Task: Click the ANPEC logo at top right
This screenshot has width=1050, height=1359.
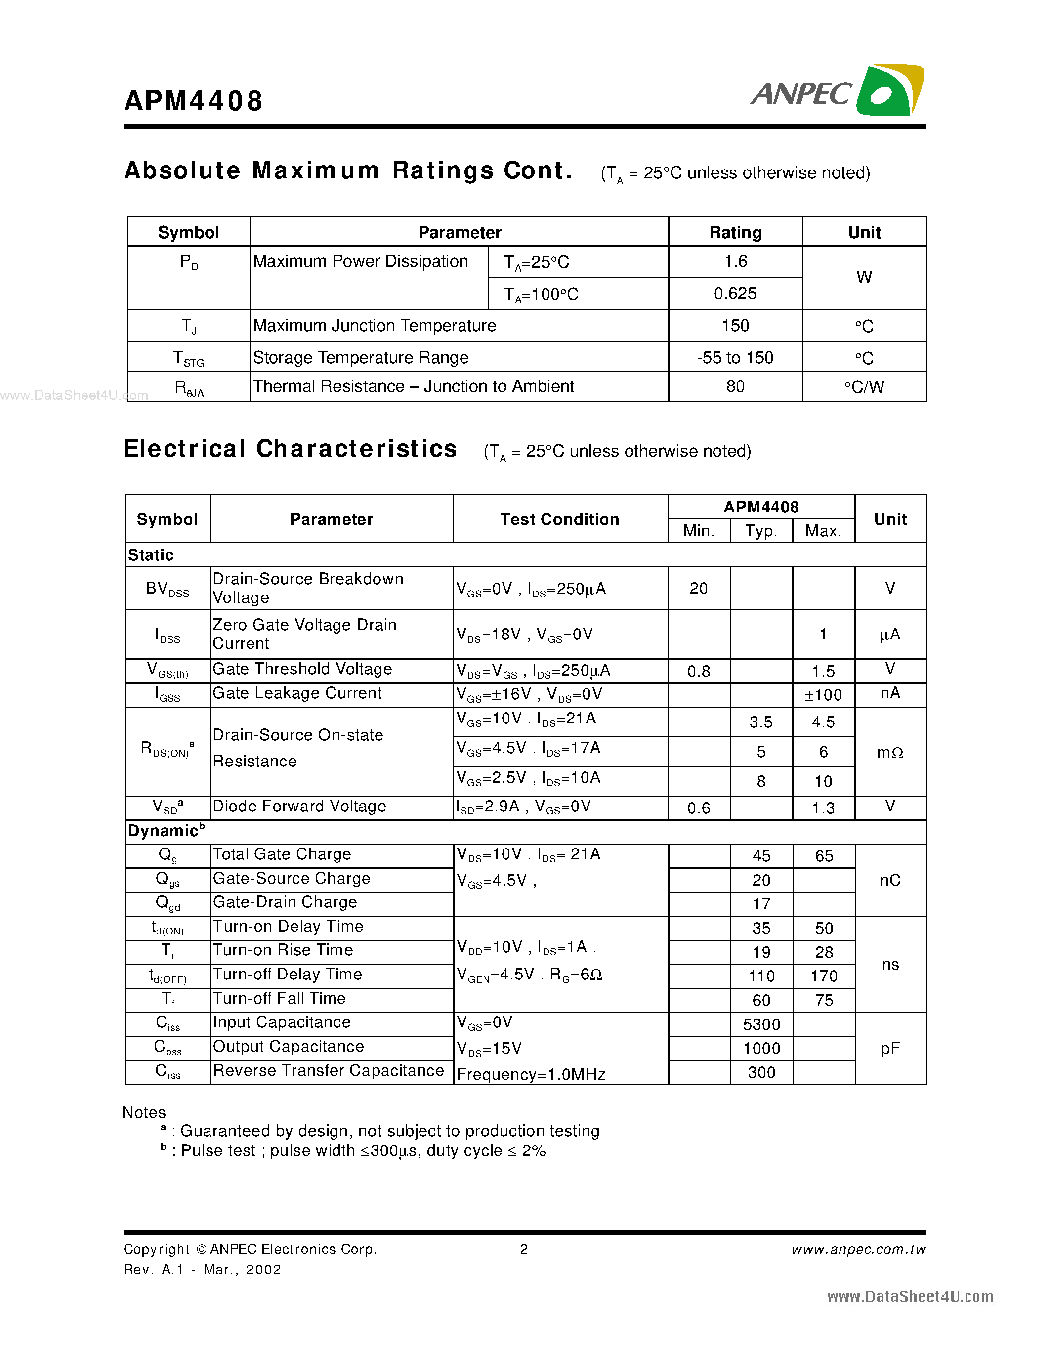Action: click(837, 91)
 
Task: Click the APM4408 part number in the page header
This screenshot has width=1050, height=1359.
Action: click(194, 101)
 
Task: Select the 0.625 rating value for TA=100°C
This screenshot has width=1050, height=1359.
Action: click(735, 294)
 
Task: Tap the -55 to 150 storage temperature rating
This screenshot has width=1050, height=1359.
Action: click(735, 358)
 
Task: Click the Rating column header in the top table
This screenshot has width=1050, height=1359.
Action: click(735, 232)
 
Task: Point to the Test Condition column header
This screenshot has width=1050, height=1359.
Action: click(559, 519)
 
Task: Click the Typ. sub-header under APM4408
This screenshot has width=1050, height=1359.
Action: click(761, 531)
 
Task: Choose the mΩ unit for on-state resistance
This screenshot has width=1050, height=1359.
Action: click(889, 752)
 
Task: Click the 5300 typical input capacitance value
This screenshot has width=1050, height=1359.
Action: click(761, 1024)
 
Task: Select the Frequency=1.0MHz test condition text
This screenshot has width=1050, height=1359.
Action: click(531, 1074)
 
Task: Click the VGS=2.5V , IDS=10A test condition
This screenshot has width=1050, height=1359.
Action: click(528, 778)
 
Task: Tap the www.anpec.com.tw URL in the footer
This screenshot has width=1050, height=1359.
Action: click(858, 1249)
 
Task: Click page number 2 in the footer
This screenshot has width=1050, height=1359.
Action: click(524, 1249)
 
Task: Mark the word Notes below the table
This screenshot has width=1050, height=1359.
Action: click(144, 1112)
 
